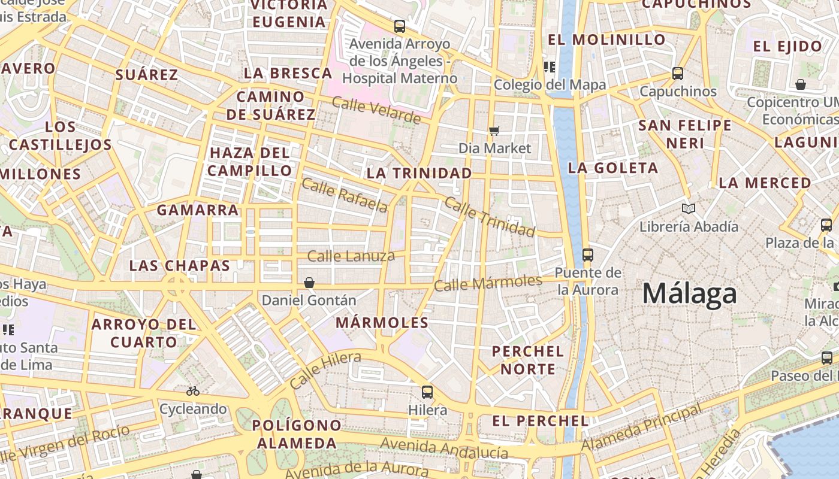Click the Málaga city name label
tap(689, 294)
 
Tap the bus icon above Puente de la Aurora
tap(587, 255)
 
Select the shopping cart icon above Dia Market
tap(494, 131)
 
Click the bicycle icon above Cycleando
tap(192, 391)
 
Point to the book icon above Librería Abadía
tap(689, 208)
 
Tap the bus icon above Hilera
tap(427, 392)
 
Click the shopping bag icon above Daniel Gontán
tap(309, 283)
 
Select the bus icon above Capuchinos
tap(678, 74)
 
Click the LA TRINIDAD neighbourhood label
tap(419, 173)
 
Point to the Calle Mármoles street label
tap(488, 283)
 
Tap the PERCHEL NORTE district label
tap(528, 360)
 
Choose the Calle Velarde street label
tap(376, 110)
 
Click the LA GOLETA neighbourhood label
tap(612, 168)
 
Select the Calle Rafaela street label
tap(344, 195)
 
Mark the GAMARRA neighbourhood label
tap(198, 210)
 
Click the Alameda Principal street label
tap(641, 428)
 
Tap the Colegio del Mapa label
tap(550, 85)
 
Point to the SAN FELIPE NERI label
tap(685, 134)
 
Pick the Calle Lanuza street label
tap(351, 256)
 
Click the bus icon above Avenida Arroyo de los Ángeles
tap(400, 26)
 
